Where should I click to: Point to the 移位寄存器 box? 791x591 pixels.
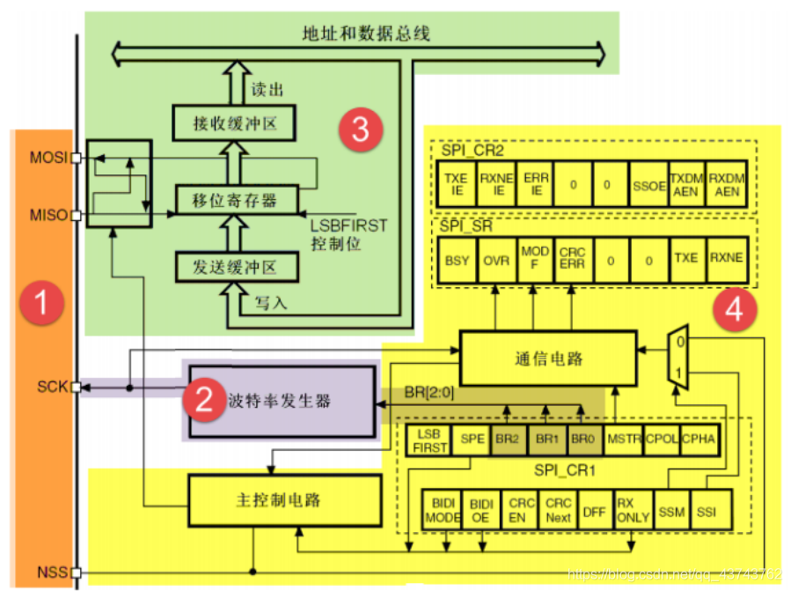236,200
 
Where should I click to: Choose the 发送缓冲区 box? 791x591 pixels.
236,264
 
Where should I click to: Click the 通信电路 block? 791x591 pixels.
548,358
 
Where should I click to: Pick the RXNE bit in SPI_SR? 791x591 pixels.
726,259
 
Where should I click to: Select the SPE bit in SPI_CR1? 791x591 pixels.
472,438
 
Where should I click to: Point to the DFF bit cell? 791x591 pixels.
595,512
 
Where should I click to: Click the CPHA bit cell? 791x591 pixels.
699,438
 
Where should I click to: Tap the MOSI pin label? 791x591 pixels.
50,159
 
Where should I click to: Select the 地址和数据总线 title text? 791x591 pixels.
366,34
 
